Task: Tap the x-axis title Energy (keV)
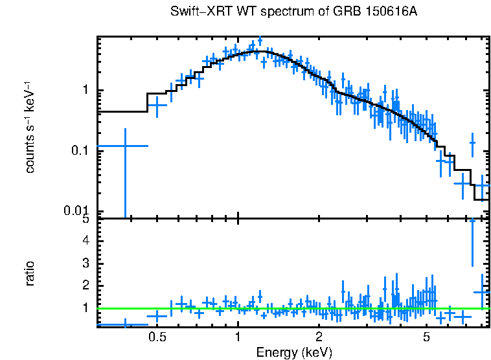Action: [x=293, y=352]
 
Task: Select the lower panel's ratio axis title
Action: [x=30, y=273]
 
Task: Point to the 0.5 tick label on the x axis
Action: [x=157, y=337]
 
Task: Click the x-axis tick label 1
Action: [x=238, y=337]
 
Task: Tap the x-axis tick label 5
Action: [x=426, y=337]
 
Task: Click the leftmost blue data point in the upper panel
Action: [x=124, y=146]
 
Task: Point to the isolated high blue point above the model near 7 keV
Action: [x=472, y=142]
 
